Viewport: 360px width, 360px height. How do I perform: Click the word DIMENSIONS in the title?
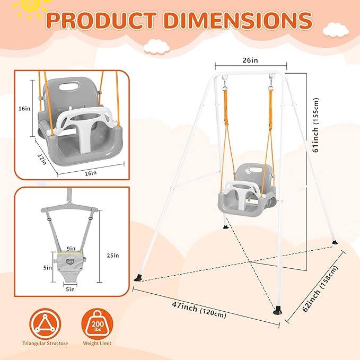(237, 20)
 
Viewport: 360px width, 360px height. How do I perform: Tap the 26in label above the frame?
(250, 60)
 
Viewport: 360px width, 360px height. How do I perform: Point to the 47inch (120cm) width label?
(199, 310)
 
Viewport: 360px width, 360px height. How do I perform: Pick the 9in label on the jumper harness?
(71, 248)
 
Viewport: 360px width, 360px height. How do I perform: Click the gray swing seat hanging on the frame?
(246, 194)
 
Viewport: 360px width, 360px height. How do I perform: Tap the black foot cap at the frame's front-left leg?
(139, 277)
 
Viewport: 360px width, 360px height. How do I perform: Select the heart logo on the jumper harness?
(70, 260)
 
